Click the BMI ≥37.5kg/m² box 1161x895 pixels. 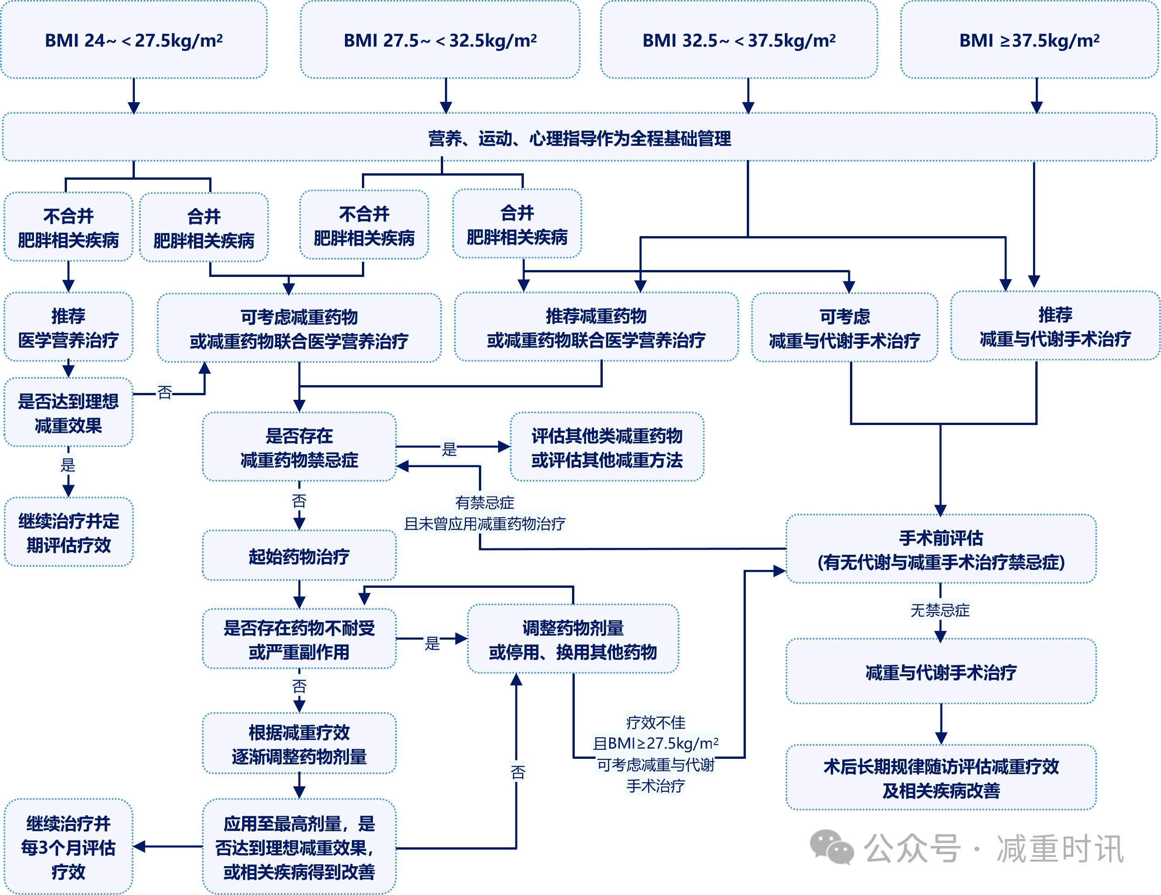click(x=1029, y=40)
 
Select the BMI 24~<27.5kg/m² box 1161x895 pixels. click(x=133, y=40)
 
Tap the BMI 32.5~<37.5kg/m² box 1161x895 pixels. click(x=739, y=40)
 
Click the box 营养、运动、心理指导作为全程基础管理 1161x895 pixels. click(x=579, y=138)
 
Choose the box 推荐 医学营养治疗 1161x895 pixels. click(x=68, y=327)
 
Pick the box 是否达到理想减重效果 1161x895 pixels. click(x=68, y=413)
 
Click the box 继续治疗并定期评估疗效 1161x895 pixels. click(x=68, y=532)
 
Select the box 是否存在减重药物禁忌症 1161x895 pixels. click(x=299, y=447)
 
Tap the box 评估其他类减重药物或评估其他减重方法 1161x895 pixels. click(x=606, y=447)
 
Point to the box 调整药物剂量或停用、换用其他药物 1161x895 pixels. click(x=573, y=639)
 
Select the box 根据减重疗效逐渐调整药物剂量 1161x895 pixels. click(x=299, y=744)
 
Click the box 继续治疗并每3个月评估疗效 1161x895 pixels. click(x=68, y=847)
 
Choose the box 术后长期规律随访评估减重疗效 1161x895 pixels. click(x=941, y=778)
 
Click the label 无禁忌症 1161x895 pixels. click(x=940, y=610)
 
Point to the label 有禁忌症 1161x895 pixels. click(x=484, y=502)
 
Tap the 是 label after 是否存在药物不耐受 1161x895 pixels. click(x=432, y=643)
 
